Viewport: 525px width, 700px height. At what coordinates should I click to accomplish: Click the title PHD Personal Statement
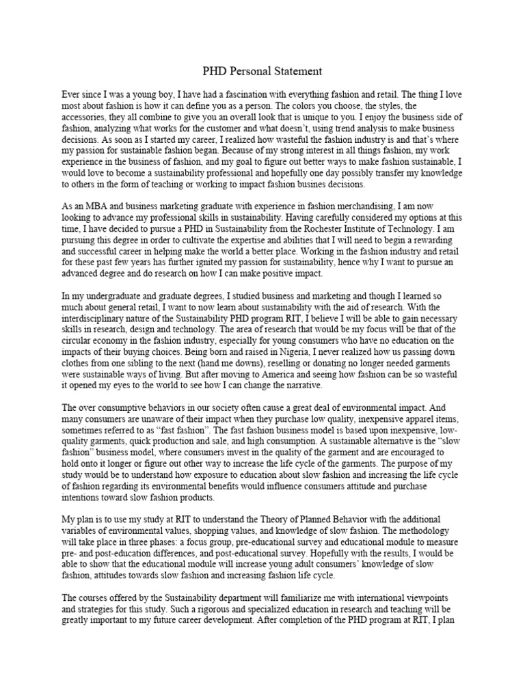point(262,71)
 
